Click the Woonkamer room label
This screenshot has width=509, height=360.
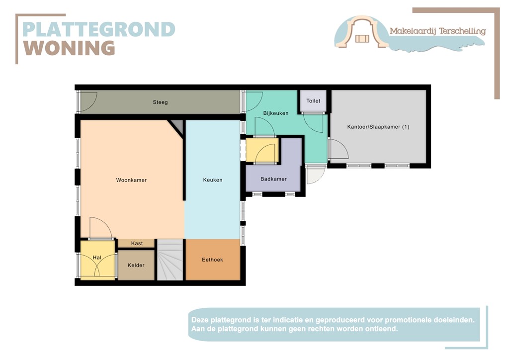pyautogui.click(x=131, y=180)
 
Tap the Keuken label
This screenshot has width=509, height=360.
pyautogui.click(x=213, y=180)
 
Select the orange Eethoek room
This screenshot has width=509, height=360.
pyautogui.click(x=212, y=260)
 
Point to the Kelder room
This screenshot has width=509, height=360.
pyautogui.click(x=136, y=265)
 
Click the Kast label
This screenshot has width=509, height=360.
pyautogui.click(x=137, y=243)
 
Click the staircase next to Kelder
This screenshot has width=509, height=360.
pyautogui.click(x=170, y=260)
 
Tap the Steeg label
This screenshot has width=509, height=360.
pyautogui.click(x=160, y=102)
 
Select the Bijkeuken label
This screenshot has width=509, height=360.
pyautogui.click(x=276, y=113)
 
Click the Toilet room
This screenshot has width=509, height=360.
pyautogui.click(x=313, y=101)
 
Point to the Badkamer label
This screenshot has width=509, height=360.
pyautogui.click(x=273, y=179)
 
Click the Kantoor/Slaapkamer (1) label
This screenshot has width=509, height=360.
pyautogui.click(x=378, y=127)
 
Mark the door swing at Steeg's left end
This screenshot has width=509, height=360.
pyautogui.click(x=88, y=102)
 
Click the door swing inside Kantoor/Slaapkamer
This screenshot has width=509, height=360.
pyautogui.click(x=338, y=149)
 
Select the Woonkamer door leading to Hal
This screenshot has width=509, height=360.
pyautogui.click(x=100, y=229)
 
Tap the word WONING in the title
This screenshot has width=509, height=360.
pyautogui.click(x=70, y=48)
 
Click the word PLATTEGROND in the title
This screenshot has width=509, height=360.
pyautogui.click(x=99, y=29)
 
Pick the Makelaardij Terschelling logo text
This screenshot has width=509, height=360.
pyautogui.click(x=437, y=31)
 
